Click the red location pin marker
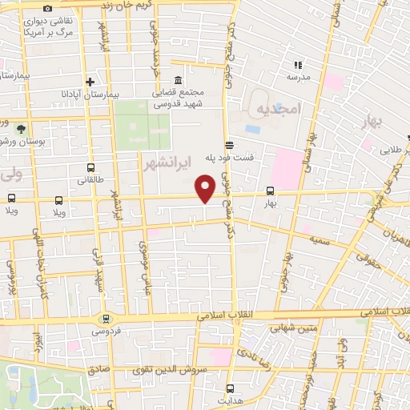[x=207, y=189]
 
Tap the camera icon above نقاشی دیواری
[x=48, y=8]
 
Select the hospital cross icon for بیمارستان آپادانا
[x=90, y=82]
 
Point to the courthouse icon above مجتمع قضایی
[x=177, y=81]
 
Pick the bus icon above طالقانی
[x=90, y=169]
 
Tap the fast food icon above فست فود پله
[x=230, y=145]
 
